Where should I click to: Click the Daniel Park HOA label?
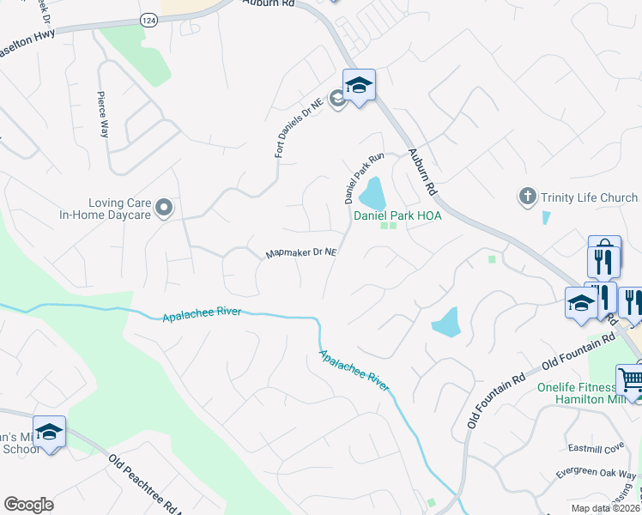(x=397, y=215)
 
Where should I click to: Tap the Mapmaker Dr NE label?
(x=300, y=253)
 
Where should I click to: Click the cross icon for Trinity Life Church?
(x=528, y=197)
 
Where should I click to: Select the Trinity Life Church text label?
(x=589, y=198)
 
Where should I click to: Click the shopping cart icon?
(x=631, y=379)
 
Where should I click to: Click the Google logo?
(x=29, y=505)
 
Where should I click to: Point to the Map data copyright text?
(x=606, y=508)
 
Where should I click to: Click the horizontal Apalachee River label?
(x=202, y=315)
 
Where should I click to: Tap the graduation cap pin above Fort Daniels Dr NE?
(x=359, y=85)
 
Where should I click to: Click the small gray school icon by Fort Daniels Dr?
(x=337, y=100)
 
